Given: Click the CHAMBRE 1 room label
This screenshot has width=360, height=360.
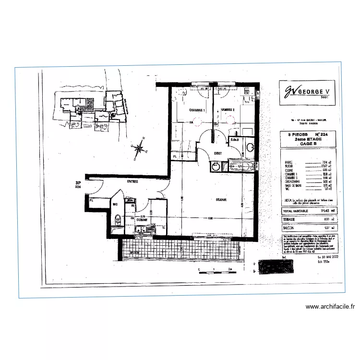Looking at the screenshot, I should tap(197, 110).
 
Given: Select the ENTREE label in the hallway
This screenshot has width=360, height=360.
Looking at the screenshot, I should tap(132, 182).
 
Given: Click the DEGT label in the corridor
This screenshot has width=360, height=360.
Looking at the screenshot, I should tap(217, 152).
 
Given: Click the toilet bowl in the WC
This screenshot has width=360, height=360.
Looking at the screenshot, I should tap(118, 220).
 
